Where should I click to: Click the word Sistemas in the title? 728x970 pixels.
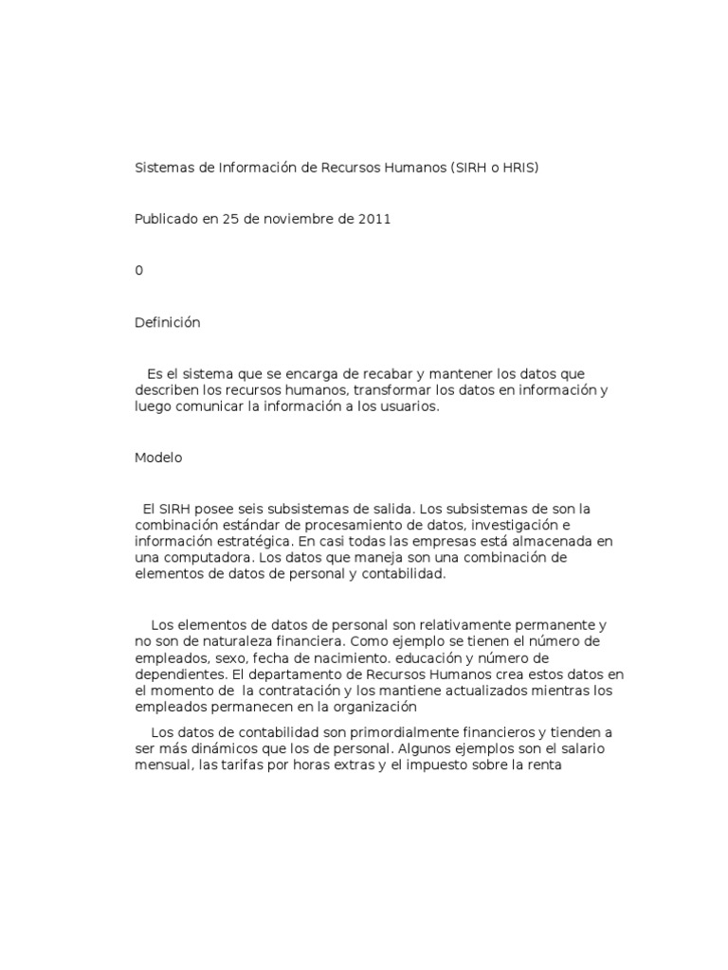(x=162, y=168)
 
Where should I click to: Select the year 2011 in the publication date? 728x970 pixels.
(x=374, y=219)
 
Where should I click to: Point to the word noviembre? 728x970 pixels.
(x=292, y=219)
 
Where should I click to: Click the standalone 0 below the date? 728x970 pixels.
(x=139, y=270)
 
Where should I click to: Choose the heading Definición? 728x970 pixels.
(x=168, y=322)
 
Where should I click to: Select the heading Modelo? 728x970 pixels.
(x=158, y=458)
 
